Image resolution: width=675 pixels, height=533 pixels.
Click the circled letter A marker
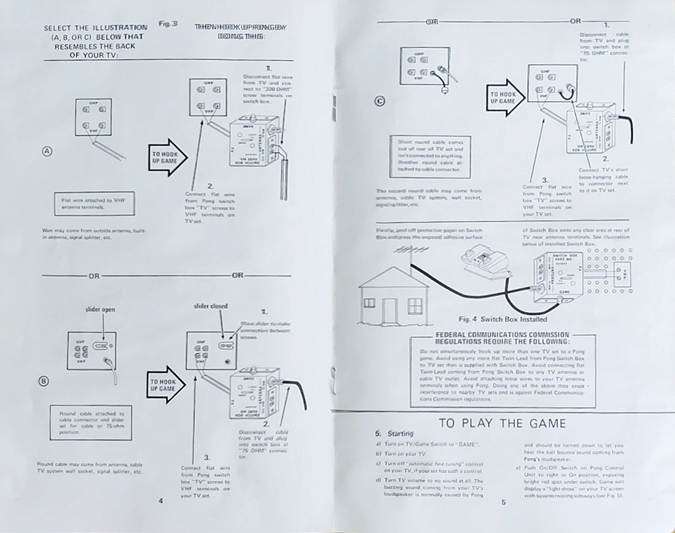pos(47,151)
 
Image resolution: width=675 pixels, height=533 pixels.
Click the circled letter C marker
pos(380,100)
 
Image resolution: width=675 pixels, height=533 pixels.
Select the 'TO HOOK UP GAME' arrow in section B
pos(165,385)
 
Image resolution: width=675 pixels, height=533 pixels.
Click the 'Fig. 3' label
pos(167,24)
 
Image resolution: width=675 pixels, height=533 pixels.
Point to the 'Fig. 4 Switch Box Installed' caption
pos(502,320)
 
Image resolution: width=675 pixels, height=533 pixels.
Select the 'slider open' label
pos(101,309)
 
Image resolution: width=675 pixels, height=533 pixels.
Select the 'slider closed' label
pos(210,306)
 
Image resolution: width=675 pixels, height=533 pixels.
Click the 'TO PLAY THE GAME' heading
pos(502,423)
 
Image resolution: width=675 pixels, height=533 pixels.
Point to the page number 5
pos(502,503)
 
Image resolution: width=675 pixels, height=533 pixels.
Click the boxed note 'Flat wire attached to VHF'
pos(93,203)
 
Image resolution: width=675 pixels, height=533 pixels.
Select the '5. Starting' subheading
pos(395,433)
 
